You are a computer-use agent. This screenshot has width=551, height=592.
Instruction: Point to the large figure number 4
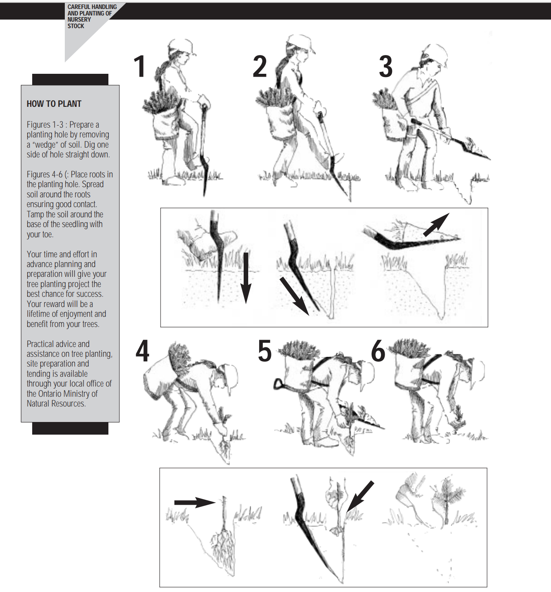click(x=143, y=351)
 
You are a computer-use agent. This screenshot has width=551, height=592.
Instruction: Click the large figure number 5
click(x=264, y=351)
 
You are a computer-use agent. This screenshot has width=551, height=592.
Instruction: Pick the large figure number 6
click(x=378, y=351)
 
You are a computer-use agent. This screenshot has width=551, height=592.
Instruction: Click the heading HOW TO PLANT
click(x=54, y=104)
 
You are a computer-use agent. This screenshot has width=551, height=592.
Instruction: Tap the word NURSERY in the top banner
click(x=79, y=20)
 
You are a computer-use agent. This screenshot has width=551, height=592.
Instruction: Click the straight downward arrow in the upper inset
click(x=246, y=278)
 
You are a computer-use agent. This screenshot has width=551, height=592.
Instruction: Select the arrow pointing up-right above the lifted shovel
click(x=436, y=225)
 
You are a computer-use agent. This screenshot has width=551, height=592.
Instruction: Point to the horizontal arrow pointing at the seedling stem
click(x=195, y=503)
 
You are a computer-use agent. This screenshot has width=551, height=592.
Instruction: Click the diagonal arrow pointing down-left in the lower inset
click(x=360, y=496)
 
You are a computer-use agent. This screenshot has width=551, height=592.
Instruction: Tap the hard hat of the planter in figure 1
click(x=181, y=47)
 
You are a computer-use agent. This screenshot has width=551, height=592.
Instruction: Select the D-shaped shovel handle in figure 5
click(x=279, y=384)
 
